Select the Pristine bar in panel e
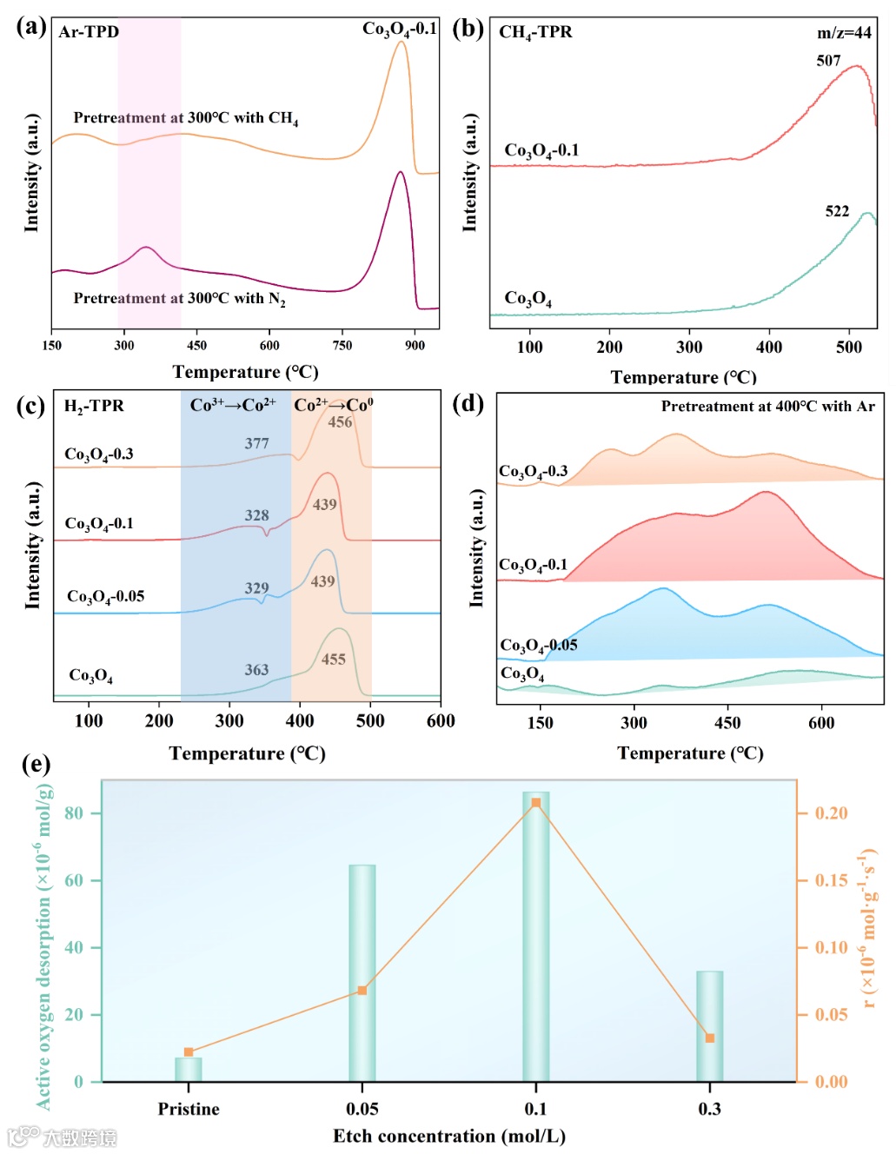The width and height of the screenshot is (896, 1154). pos(189,1069)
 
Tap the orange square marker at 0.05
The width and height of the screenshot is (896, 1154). pos(362,991)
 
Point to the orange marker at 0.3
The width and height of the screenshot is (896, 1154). pos(710,1038)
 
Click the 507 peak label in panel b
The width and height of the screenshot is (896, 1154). pos(828,61)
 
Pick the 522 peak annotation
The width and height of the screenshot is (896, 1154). pos(837,211)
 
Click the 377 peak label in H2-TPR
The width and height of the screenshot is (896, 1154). pos(256,443)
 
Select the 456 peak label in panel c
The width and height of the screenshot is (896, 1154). pos(340,422)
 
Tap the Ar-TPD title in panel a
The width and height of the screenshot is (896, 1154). pos(89,32)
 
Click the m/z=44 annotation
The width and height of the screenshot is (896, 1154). pos(844,33)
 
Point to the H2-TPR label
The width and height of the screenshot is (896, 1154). pos(94,406)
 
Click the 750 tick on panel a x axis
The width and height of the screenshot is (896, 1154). pos(342,345)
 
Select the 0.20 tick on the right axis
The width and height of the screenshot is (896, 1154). pos(831,813)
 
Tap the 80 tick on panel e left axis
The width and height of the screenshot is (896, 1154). pos(74,813)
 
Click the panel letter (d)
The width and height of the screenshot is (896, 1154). pos(468,404)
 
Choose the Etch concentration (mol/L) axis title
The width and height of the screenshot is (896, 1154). pos(449,1136)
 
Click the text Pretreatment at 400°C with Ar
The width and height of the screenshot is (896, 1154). pos(767,406)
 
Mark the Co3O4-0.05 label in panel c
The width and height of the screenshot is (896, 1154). pos(105,596)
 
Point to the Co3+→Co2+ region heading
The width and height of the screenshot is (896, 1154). pos(233,405)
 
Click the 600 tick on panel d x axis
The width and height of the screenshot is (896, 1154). pos(821,722)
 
